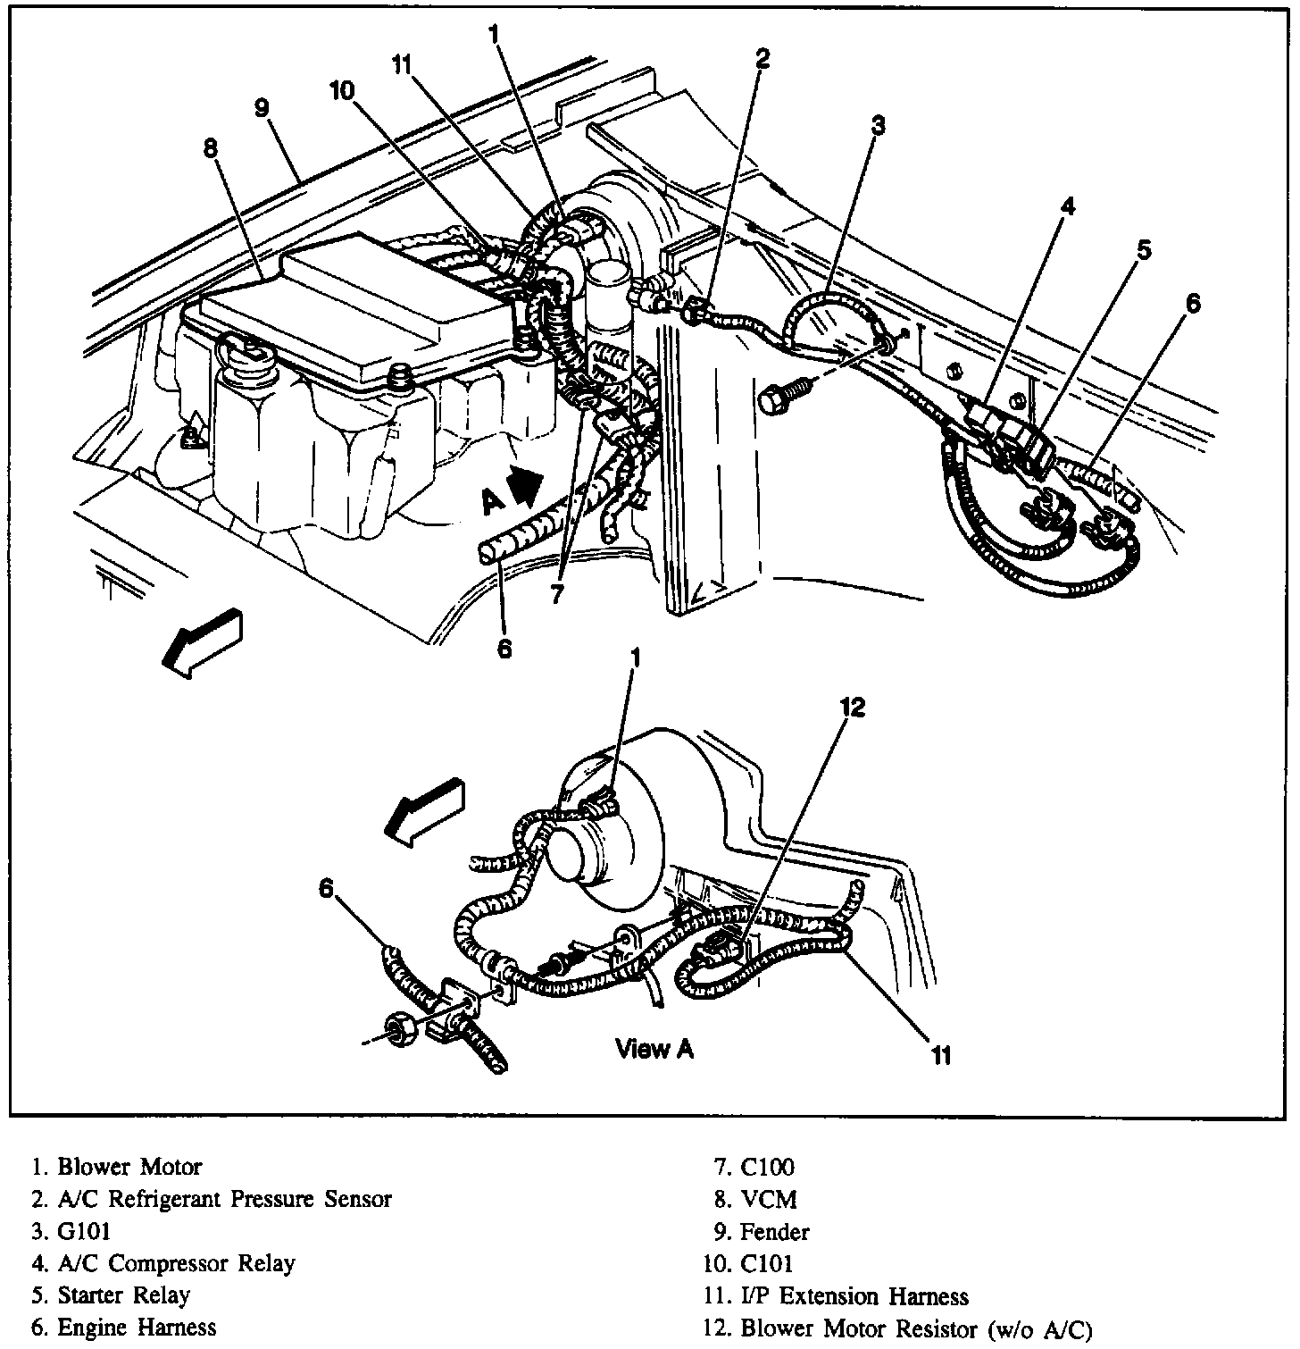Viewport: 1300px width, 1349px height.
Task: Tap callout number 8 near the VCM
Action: point(210,148)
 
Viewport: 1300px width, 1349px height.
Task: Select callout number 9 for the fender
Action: point(261,109)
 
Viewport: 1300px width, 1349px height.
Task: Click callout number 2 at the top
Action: point(762,59)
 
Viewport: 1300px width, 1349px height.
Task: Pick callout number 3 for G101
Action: point(878,125)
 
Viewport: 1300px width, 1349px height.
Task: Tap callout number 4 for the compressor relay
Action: point(1068,207)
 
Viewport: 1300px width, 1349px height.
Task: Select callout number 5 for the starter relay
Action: point(1144,251)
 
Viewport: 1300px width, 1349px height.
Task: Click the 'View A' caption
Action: point(654,1049)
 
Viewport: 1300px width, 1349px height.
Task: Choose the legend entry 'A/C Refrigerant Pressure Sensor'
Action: point(224,1199)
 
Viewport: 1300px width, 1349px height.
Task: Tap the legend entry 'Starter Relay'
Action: point(123,1295)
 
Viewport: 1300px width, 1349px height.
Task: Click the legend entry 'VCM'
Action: point(768,1199)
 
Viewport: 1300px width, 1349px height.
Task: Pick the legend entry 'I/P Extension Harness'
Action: point(854,1295)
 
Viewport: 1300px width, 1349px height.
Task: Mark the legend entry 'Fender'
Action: point(774,1232)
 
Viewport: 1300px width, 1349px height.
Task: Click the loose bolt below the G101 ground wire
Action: point(783,396)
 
